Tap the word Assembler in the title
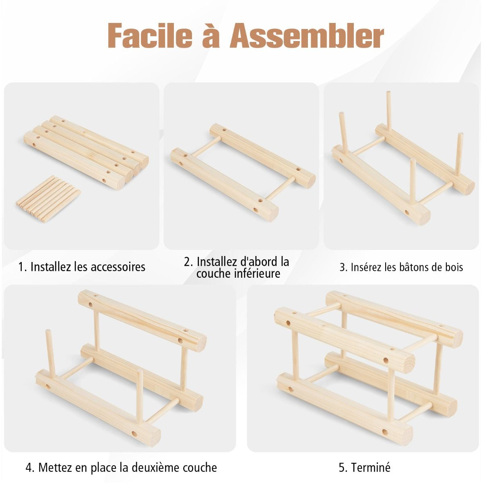[307, 35]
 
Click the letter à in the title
[211, 35]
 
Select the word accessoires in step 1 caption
[118, 267]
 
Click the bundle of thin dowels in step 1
[48, 198]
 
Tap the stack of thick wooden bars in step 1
[86, 152]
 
